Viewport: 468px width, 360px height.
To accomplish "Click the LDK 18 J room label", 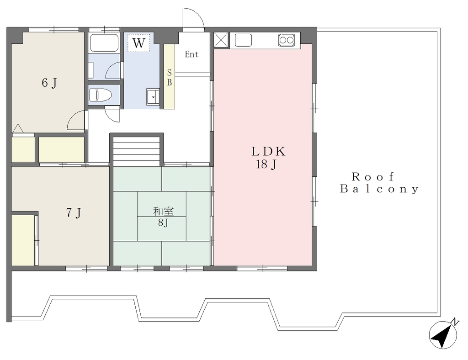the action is (x=268, y=158).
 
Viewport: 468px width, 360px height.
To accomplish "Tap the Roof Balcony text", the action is (x=379, y=183).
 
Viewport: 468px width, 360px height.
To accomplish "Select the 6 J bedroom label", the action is (x=49, y=83).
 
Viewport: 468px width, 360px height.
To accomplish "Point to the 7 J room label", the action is (x=74, y=213).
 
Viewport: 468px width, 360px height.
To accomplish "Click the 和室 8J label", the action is (x=163, y=217).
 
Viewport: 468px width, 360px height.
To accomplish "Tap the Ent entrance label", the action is (x=191, y=54).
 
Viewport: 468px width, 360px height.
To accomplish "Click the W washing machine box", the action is (x=139, y=43).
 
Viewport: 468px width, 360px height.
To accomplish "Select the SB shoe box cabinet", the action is (x=169, y=77).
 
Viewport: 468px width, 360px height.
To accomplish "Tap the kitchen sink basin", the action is (x=243, y=40).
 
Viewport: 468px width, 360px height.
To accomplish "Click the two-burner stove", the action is (x=287, y=40).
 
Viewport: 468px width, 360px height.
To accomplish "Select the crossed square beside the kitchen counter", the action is (x=221, y=40).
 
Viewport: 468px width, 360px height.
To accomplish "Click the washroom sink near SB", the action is (x=153, y=97).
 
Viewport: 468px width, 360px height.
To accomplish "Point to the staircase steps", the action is (x=137, y=151).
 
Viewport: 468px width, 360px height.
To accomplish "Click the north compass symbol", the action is (x=443, y=334).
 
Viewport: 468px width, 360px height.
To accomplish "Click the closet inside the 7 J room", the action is (x=23, y=240).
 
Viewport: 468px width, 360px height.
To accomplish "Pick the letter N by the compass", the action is (x=455, y=322).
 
